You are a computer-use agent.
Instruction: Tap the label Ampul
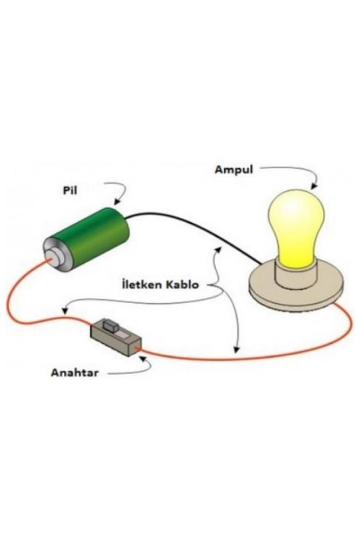(234, 169)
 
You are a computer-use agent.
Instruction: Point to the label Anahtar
(75, 372)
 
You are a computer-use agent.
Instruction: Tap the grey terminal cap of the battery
(54, 258)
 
